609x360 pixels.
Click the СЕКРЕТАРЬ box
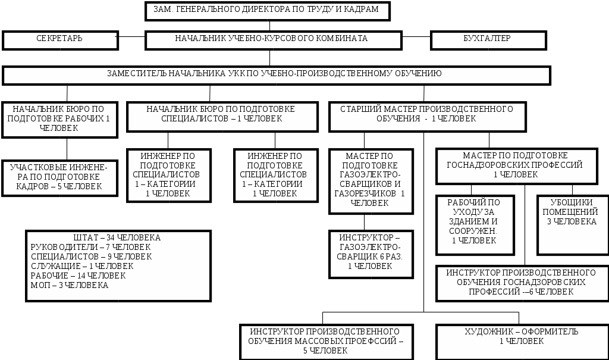[x=59, y=39]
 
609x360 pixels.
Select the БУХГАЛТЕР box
[x=488, y=39]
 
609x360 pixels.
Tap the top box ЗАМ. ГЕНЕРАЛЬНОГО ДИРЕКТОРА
[x=267, y=10]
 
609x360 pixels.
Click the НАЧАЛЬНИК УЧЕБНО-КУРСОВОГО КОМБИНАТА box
[x=272, y=39]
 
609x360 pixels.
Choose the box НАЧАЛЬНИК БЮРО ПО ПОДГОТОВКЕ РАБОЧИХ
[x=59, y=118]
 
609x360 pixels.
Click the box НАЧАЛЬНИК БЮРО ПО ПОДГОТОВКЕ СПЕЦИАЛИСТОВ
[x=222, y=114]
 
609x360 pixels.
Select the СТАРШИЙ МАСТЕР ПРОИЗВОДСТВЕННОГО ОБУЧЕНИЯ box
[x=427, y=114]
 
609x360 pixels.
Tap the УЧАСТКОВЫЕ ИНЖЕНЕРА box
[x=59, y=177]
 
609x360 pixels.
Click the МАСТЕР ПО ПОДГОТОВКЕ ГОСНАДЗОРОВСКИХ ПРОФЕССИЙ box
[x=516, y=165]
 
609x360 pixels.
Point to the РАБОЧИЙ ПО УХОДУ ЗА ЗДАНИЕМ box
[x=474, y=223]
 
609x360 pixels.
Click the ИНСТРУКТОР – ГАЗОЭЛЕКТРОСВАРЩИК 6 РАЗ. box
[x=370, y=253]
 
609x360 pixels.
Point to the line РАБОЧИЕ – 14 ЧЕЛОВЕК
[x=78, y=276]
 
